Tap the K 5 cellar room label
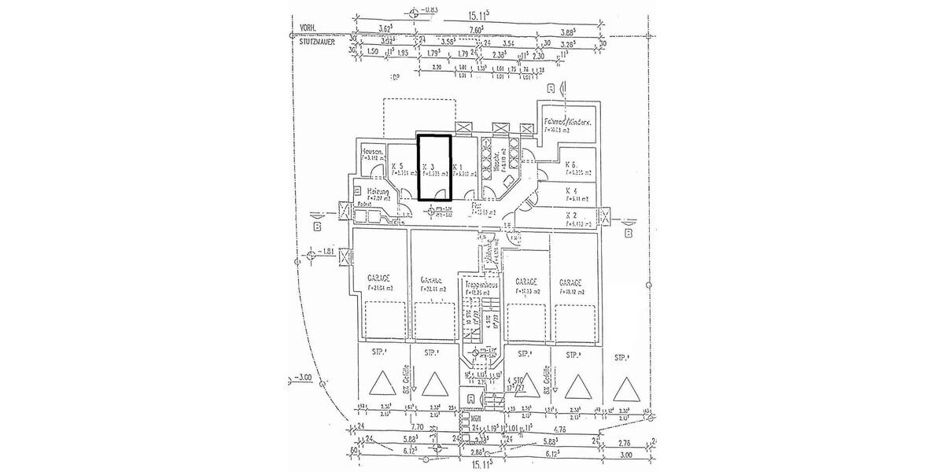[397, 167]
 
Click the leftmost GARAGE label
[379, 278]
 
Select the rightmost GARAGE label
[570, 281]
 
